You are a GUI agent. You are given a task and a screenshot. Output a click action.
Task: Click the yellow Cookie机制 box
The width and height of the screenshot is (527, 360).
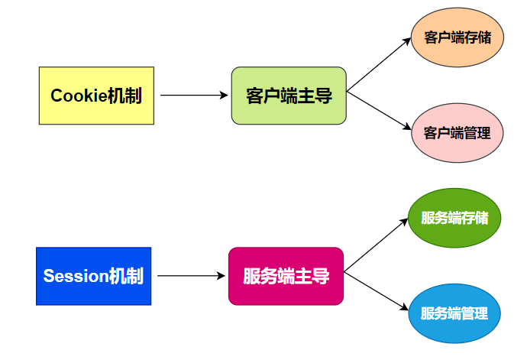click(96, 96)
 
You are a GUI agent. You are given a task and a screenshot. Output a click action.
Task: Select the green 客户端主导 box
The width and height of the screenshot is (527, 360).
click(289, 96)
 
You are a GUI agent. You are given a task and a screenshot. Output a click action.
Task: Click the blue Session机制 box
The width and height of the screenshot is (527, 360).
click(94, 276)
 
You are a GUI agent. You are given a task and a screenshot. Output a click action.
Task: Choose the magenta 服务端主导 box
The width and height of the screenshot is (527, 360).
click(286, 276)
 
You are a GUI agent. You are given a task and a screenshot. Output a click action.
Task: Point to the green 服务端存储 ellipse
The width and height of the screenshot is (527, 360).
click(454, 217)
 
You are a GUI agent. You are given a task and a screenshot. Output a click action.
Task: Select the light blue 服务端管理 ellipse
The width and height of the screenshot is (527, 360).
click(454, 313)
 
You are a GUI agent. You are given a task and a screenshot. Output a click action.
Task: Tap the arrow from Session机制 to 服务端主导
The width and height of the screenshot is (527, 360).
click(191, 276)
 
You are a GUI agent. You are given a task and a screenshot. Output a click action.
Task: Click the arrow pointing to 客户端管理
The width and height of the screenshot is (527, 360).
click(379, 112)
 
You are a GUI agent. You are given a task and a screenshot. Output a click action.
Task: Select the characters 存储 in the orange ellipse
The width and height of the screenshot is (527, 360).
click(475, 37)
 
